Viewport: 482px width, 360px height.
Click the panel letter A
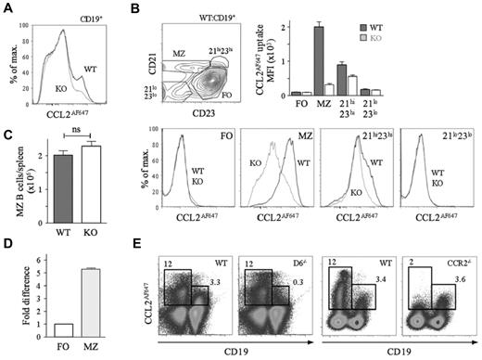click(x=7, y=8)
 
